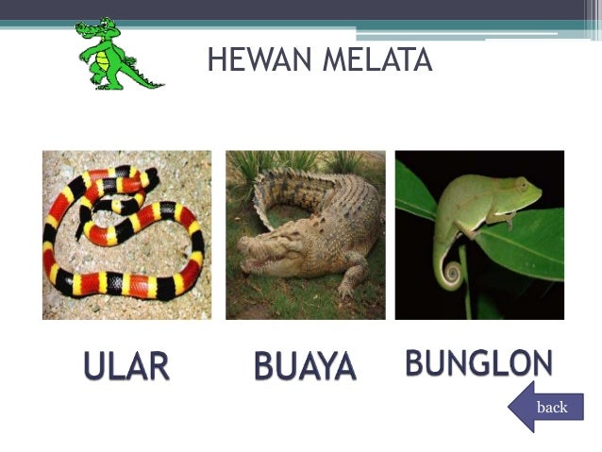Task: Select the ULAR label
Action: (125, 367)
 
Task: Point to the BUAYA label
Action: (305, 367)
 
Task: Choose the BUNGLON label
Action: (478, 362)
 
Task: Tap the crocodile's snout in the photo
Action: (259, 252)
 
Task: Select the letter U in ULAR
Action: (95, 367)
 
